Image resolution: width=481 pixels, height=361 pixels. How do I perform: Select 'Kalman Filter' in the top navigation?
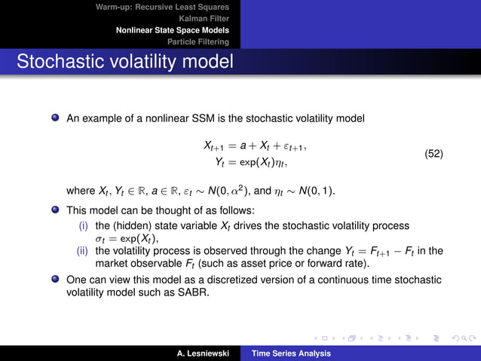(x=204, y=19)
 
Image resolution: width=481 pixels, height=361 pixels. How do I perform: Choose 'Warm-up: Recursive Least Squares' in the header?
(x=162, y=8)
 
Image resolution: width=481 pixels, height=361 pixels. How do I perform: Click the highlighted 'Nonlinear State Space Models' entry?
(x=172, y=30)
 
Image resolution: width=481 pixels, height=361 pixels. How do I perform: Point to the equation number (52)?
(x=434, y=154)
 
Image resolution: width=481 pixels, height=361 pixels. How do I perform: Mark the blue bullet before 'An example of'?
(x=55, y=118)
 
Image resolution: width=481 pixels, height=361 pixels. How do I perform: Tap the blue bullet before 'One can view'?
(x=55, y=279)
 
